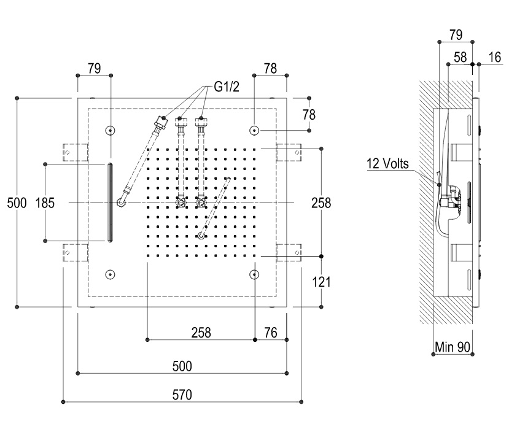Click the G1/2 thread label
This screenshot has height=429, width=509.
pos(227,88)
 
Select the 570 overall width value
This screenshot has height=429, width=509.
pos(182,395)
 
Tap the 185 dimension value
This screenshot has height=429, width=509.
pos(45,203)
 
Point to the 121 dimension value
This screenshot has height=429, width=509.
pos(321,282)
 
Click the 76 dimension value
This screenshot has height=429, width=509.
pos(271,332)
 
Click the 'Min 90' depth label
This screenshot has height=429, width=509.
pos(452,347)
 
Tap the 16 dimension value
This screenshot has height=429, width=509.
pos(494,57)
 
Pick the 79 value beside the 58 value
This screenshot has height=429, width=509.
pos(456,35)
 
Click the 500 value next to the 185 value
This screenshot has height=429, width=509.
pos(17,203)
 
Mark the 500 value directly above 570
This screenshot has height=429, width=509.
pos(182,366)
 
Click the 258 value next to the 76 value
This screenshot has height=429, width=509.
pos(201,332)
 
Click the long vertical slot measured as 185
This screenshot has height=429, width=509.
pos(110,203)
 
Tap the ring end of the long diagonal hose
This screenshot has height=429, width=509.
pos(122,200)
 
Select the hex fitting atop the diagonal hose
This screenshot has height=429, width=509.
pos(161,120)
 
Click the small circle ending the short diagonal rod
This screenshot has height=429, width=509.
pos(201,235)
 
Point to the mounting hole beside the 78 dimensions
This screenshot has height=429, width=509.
pos(255,130)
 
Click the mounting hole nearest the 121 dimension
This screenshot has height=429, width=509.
pos(255,274)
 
